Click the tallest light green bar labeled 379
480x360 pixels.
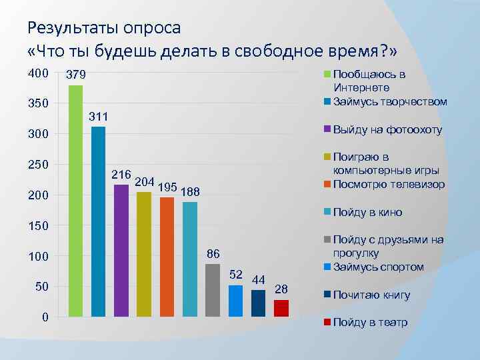[76, 200]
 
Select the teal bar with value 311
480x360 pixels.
[99, 221]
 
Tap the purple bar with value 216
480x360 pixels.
[121, 250]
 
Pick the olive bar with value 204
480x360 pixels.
[144, 253]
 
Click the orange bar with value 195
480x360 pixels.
[167, 256]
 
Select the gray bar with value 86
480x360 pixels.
[213, 289]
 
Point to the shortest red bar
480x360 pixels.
[281, 307]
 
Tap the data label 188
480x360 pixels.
[191, 192]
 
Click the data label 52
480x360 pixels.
[235, 275]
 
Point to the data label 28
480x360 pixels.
[281, 289]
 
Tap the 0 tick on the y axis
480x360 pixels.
[44, 317]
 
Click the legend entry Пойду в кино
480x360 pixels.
[367, 213]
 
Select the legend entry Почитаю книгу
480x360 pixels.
[371, 295]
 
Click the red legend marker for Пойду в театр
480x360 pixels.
[327, 323]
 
